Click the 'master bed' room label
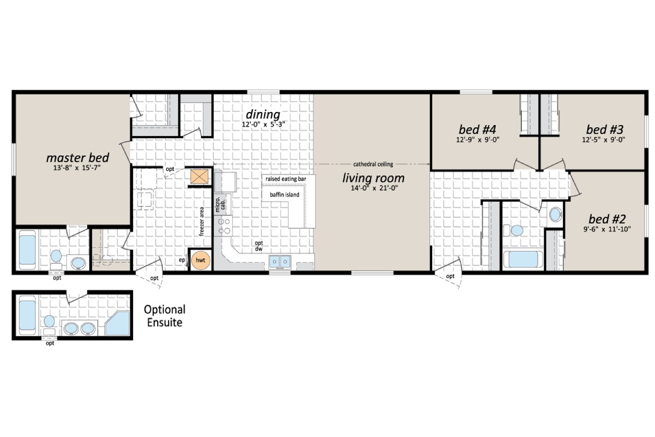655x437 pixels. (x=78, y=158)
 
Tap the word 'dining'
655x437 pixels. (x=263, y=115)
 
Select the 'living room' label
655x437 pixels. (x=373, y=178)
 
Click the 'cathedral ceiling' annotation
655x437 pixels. (x=373, y=164)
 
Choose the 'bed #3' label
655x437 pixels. (x=605, y=129)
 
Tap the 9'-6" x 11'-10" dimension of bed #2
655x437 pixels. (x=605, y=229)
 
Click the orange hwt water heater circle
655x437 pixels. (x=200, y=262)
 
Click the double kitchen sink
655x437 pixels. (x=280, y=263)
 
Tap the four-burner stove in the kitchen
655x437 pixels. (x=224, y=226)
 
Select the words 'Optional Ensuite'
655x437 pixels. (x=164, y=316)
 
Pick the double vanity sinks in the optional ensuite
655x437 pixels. (x=79, y=329)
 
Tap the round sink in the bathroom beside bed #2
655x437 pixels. (x=555, y=214)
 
